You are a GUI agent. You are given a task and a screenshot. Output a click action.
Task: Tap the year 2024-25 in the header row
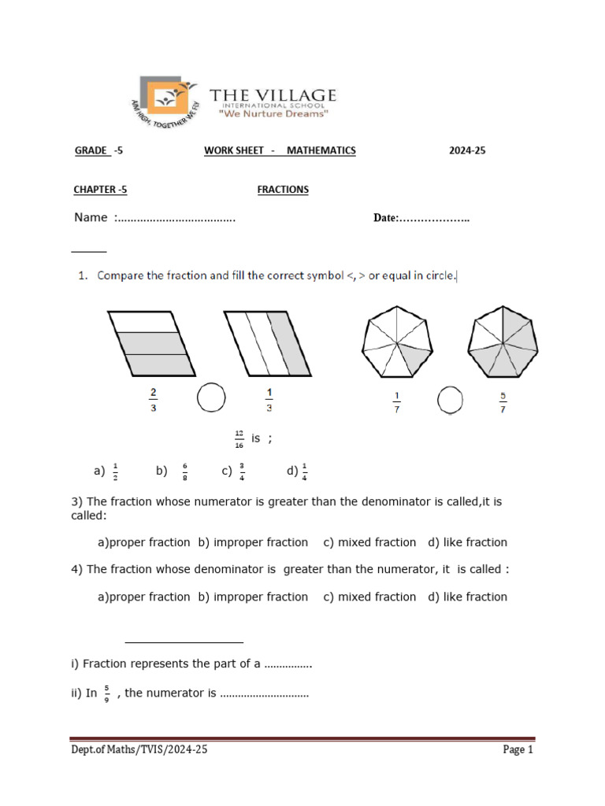point(467,150)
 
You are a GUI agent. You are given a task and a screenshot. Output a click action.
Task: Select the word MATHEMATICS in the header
point(321,150)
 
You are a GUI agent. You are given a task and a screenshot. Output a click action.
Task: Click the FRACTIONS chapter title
point(283,190)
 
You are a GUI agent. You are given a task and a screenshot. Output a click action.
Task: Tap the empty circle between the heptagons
point(450,400)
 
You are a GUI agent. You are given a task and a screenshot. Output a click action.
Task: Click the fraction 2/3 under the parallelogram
point(152,399)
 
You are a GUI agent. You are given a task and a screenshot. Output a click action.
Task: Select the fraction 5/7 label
point(502,401)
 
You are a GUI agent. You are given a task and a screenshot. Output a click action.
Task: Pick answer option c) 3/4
point(234,471)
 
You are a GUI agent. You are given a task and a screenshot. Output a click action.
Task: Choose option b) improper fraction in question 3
point(253,542)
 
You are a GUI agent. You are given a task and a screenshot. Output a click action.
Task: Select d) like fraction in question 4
point(467,597)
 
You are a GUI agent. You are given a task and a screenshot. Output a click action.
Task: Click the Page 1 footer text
point(518,750)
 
